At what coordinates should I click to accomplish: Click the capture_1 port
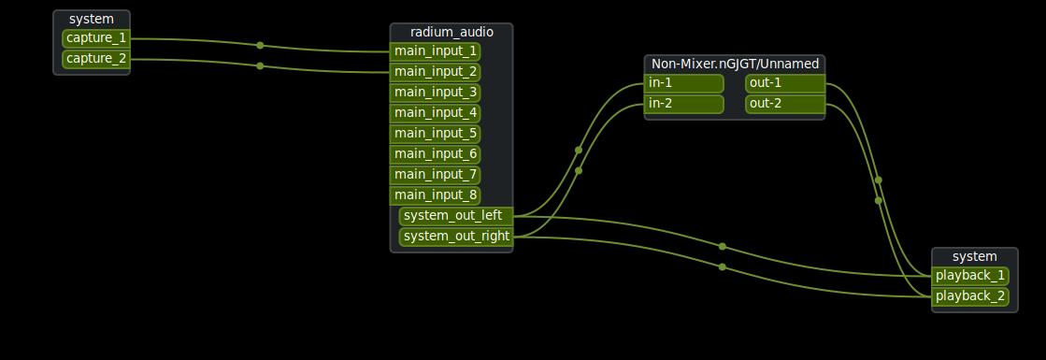click(96, 38)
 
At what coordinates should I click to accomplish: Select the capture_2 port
click(96, 59)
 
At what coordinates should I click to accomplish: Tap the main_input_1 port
click(436, 50)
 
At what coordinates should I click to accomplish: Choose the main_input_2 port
click(436, 71)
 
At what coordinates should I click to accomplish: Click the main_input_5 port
click(436, 133)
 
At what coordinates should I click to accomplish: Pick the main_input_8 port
click(436, 194)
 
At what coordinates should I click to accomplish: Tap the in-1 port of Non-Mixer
click(684, 83)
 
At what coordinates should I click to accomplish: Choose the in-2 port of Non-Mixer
click(684, 104)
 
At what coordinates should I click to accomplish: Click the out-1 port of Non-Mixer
click(784, 83)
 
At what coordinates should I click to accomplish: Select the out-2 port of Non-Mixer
click(784, 104)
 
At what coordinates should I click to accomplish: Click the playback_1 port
click(970, 275)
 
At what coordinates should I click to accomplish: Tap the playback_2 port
click(970, 295)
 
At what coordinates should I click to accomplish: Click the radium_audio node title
click(451, 32)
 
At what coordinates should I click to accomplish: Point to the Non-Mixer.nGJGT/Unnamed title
click(735, 64)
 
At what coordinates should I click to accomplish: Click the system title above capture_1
click(92, 19)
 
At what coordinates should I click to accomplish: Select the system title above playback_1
click(974, 256)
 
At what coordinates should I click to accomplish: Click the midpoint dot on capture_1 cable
click(260, 45)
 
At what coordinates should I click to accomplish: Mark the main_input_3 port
click(436, 92)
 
